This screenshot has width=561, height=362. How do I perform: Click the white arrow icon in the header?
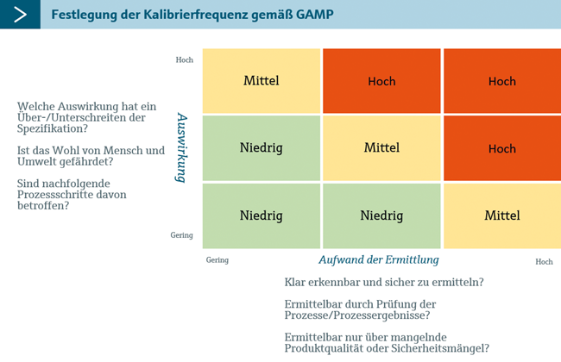point(20,15)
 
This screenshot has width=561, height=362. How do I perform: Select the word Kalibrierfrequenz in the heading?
point(196,15)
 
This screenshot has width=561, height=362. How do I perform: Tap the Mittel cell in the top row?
point(262,81)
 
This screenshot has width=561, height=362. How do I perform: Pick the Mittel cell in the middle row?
point(381,148)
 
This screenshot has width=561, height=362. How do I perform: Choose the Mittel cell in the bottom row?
point(502,215)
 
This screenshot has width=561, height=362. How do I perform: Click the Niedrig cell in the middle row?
point(262,148)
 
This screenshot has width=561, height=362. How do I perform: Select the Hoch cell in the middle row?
point(502,148)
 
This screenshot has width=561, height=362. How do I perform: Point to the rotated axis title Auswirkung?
point(181,147)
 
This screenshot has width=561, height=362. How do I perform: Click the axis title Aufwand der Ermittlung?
point(379,259)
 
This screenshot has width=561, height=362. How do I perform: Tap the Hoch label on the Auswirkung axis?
point(184,59)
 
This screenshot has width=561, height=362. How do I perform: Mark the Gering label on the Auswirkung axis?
point(181,235)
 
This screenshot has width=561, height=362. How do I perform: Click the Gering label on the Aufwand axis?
point(217,259)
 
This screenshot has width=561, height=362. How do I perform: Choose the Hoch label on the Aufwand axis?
point(544,261)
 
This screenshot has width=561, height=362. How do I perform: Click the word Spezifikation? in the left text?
point(53,128)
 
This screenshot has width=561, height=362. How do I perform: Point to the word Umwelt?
point(37,161)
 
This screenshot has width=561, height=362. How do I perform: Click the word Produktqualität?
point(325,348)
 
